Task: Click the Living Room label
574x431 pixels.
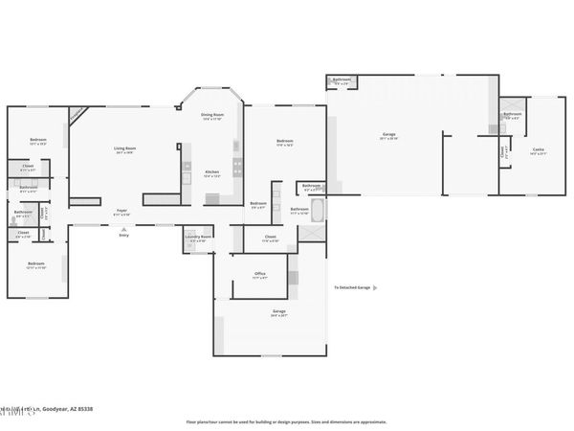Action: point(124,149)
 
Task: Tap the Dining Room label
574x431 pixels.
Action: point(212,117)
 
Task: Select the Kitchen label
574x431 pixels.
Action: point(212,174)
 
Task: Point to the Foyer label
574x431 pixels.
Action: point(122,212)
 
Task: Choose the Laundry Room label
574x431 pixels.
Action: point(199,238)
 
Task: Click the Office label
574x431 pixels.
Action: point(259,275)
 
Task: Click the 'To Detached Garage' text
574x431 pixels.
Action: point(351,286)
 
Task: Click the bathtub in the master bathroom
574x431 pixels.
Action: point(319,210)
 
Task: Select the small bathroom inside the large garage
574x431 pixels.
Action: point(342,81)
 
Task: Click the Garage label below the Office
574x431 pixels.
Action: point(279,312)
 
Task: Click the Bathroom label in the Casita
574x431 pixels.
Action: point(512,116)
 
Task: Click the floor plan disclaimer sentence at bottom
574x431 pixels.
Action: point(286,420)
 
